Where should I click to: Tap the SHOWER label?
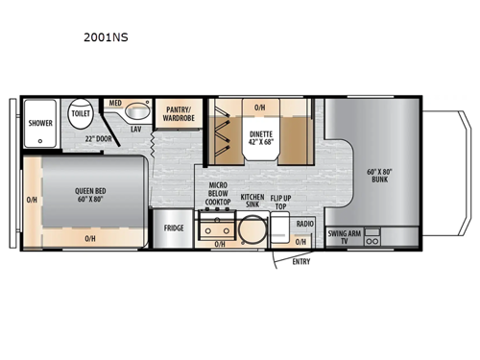tap(40, 123)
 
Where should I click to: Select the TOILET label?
tap(81, 113)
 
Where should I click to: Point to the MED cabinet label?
tap(114, 102)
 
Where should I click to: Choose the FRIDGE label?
tap(174, 228)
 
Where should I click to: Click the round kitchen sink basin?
tap(252, 231)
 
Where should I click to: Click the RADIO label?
tap(304, 224)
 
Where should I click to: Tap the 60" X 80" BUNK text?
tap(379, 177)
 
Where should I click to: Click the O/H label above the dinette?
tap(259, 107)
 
